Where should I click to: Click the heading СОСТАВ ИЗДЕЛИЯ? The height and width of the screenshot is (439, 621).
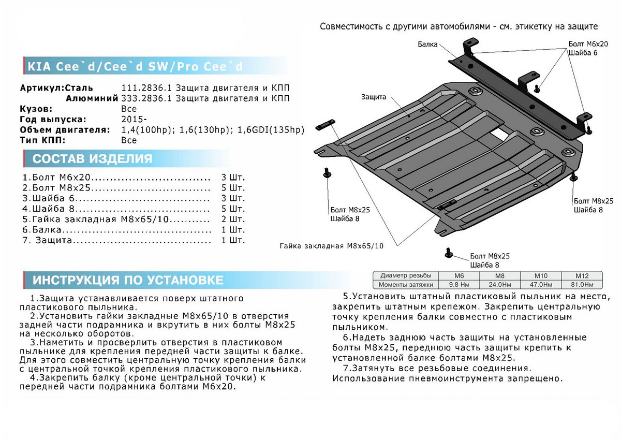[x=93, y=158]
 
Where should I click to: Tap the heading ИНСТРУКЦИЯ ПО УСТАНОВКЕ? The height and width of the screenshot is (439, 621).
[x=128, y=281]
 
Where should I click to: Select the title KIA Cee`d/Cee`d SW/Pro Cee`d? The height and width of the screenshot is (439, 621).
[x=134, y=67]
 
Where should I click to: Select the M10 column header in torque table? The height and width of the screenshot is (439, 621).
[x=540, y=276]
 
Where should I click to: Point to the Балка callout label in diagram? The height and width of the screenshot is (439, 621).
[x=428, y=45]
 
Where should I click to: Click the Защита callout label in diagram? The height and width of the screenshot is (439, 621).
[x=374, y=97]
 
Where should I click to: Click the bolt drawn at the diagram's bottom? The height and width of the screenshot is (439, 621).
[x=448, y=253]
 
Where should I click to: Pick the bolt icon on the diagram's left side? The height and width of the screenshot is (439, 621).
[x=327, y=173]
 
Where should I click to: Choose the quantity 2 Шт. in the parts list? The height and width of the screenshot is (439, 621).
[x=232, y=219]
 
